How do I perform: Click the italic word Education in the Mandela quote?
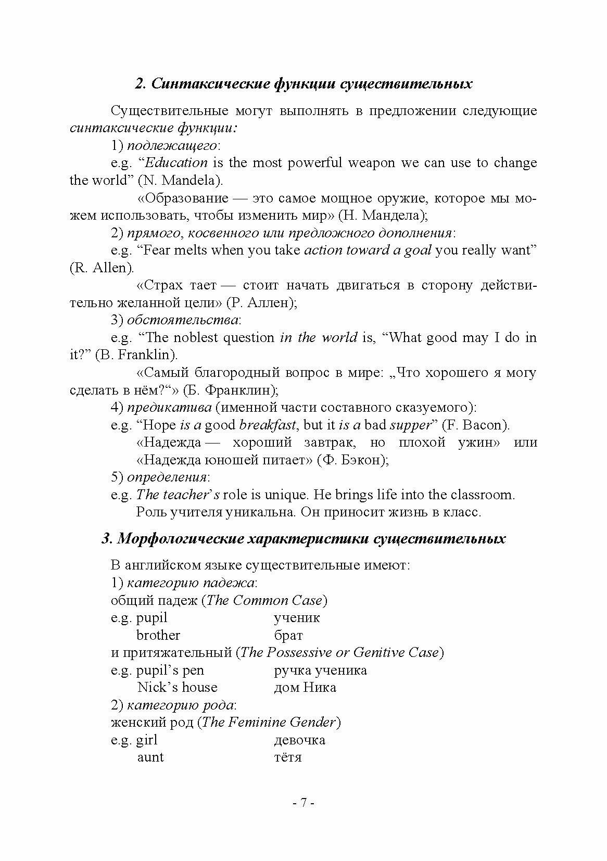[x=176, y=163]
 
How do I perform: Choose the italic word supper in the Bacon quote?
[x=410, y=425]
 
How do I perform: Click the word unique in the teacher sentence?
[x=285, y=495]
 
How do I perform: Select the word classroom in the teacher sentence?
[x=482, y=495]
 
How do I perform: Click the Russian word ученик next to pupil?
[x=297, y=618]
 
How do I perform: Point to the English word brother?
[x=158, y=636]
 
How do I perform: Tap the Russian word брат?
[x=288, y=636]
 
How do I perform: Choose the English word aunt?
[x=150, y=757]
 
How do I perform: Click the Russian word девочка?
[x=299, y=740]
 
